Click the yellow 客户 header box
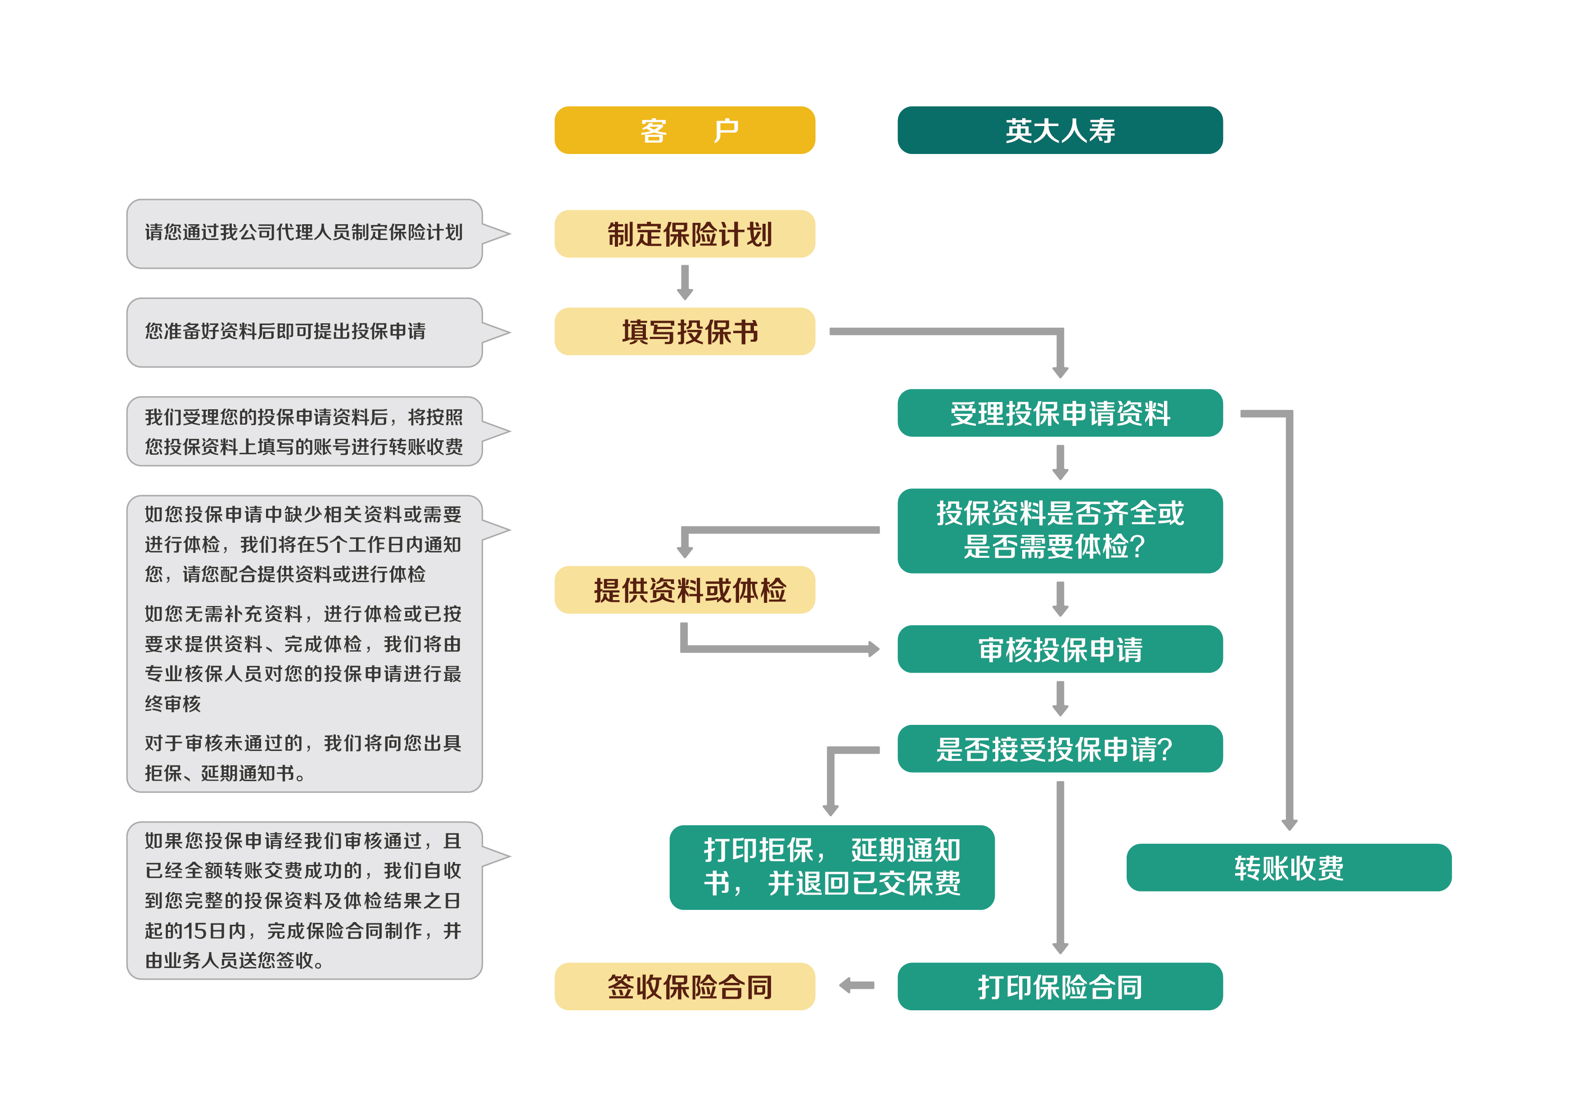coord(684,130)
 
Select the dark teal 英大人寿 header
coord(1059,130)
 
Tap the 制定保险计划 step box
coord(684,234)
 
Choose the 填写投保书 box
coord(684,331)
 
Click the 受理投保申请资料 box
coord(1059,413)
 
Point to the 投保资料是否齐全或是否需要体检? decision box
coord(1059,530)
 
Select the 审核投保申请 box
coord(1059,649)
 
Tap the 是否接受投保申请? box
coord(1059,748)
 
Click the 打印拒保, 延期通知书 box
coord(831,867)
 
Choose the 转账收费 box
coord(1288,867)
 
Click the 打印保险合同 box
coord(1059,986)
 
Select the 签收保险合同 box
coord(684,986)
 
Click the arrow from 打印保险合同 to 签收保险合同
coord(857,986)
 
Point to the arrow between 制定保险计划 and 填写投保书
coord(684,282)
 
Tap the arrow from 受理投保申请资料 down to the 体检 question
coord(1060,462)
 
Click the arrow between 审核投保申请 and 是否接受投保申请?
coord(1060,698)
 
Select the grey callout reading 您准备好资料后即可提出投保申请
coord(304,332)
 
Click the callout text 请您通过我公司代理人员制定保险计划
coord(303,232)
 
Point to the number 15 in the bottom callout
coord(194,931)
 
